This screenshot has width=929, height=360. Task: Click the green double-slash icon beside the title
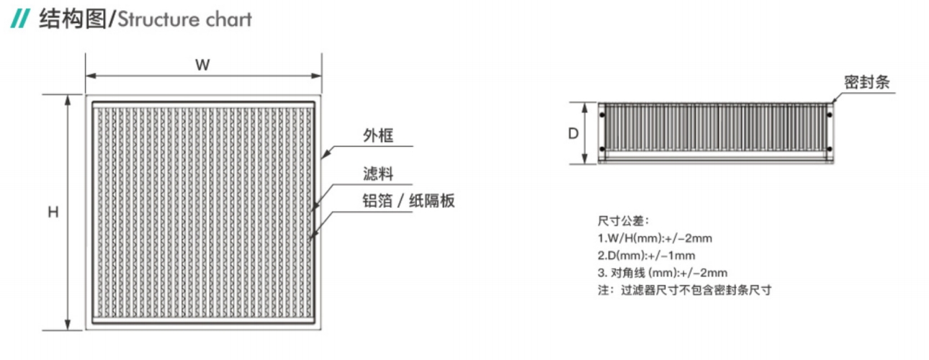[20, 19]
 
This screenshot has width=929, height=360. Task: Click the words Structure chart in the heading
[185, 19]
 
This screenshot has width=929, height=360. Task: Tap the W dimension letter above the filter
[202, 65]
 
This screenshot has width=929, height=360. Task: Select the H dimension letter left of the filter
[53, 212]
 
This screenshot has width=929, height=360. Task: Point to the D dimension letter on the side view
[573, 133]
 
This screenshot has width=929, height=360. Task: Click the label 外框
[378, 135]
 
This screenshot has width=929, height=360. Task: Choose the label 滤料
[378, 174]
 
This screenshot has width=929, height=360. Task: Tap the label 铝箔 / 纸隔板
[408, 201]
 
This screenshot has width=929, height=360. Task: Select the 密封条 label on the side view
[867, 82]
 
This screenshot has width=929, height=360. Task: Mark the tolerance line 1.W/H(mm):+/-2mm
[655, 238]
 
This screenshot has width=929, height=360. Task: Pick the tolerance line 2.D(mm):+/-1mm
[646, 256]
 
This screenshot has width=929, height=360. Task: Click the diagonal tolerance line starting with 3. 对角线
[663, 273]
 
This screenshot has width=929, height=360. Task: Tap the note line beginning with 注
[685, 290]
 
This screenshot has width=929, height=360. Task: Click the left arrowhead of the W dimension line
[91, 76]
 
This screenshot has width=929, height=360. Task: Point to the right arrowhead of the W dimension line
[316, 76]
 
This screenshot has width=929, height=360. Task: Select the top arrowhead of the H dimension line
[68, 100]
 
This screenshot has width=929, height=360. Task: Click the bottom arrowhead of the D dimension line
[585, 159]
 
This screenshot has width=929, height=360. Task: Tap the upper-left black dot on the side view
[602, 115]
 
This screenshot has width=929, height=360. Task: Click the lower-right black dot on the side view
[830, 149]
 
